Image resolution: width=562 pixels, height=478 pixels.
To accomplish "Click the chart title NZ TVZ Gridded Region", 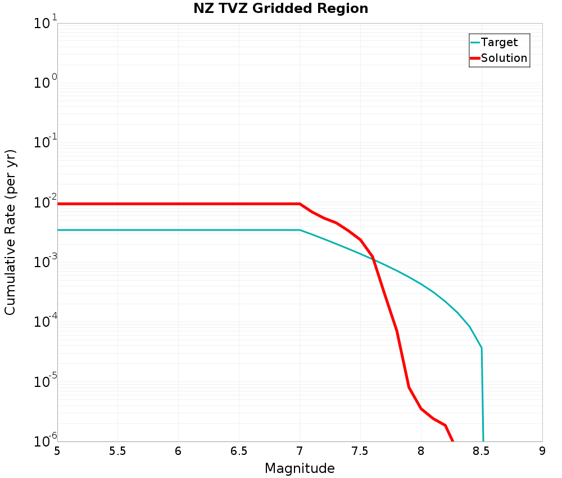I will (280, 9).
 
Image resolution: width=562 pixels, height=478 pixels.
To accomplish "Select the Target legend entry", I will (499, 42).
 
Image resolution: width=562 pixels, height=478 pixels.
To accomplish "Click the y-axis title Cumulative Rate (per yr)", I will (11, 232).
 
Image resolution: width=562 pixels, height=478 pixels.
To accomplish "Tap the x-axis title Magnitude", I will (300, 468).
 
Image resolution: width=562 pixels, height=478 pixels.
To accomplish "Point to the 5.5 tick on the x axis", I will (118, 450).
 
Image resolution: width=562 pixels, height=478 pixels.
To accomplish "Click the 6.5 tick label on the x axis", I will (239, 450).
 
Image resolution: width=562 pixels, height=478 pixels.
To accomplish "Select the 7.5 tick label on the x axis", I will (360, 450).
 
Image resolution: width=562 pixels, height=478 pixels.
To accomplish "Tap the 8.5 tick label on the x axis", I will (482, 450).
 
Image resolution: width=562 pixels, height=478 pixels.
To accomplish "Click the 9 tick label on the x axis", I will (542, 450).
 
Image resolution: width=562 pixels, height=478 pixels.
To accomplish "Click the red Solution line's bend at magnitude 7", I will (300, 204).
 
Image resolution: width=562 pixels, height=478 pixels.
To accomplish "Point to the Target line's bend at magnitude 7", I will (300, 230).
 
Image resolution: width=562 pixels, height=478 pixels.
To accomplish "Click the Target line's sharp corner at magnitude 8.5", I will (482, 348).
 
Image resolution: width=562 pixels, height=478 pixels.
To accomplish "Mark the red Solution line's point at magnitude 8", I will (421, 409).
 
